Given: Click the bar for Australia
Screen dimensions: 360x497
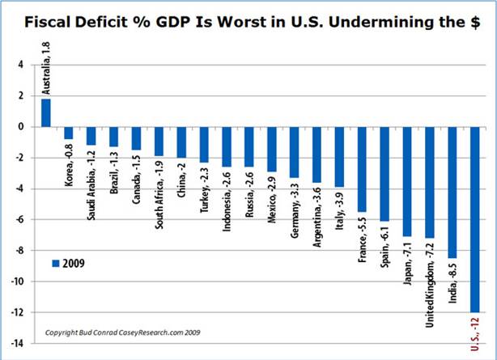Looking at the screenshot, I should [46, 112].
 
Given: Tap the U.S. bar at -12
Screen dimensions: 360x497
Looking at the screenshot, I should [475, 218].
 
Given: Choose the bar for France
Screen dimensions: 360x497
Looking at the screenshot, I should [362, 169].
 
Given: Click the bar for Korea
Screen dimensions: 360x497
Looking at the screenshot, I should [69, 133].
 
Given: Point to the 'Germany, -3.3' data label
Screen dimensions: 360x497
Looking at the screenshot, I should [294, 210].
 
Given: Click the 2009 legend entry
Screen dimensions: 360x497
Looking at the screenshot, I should [68, 263].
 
